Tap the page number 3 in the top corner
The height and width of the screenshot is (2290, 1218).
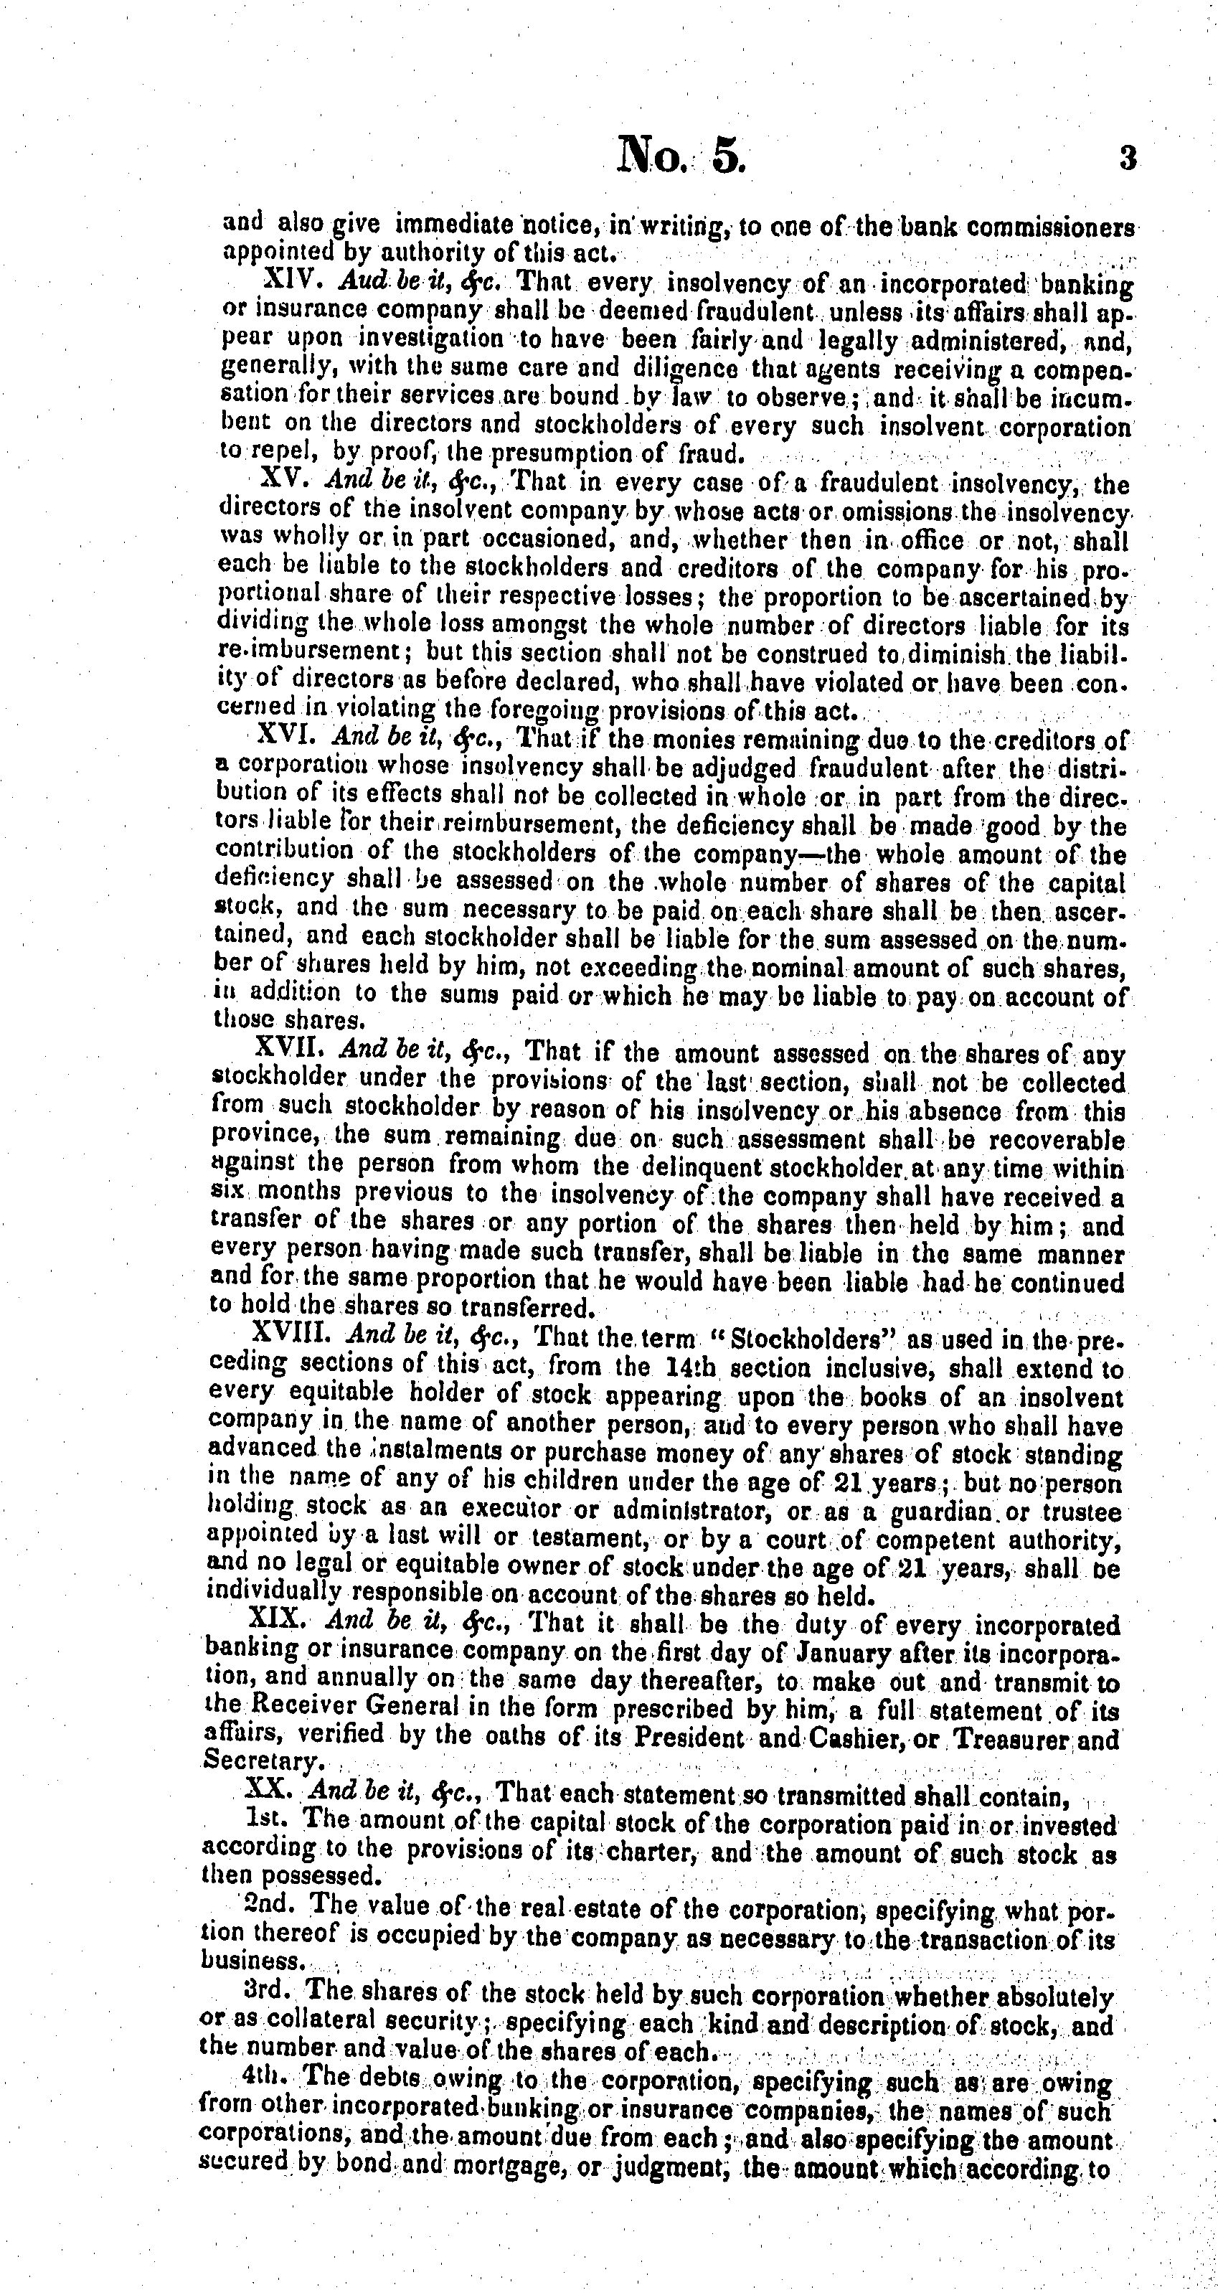pyautogui.click(x=1128, y=159)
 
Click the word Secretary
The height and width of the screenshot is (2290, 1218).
pyautogui.click(x=252, y=1763)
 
